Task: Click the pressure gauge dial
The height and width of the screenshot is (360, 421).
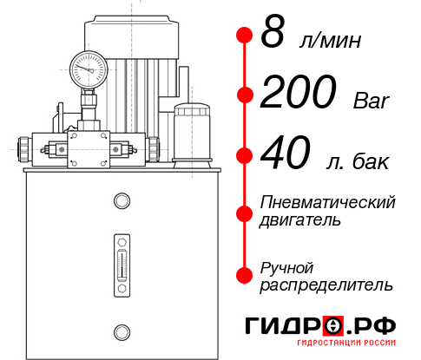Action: [89, 69]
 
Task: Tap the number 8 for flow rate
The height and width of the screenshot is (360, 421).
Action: [273, 32]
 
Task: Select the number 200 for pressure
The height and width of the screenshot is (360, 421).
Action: [299, 91]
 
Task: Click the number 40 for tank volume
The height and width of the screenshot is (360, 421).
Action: [286, 153]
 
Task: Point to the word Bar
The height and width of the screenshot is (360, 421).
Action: [372, 101]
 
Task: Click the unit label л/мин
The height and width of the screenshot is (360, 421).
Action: [330, 40]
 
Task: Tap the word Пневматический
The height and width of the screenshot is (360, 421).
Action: [327, 202]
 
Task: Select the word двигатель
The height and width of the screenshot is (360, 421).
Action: [300, 219]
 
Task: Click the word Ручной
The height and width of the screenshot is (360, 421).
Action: [286, 268]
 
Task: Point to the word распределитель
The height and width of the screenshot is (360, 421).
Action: [326, 285]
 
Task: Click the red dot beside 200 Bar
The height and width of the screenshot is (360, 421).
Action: [245, 95]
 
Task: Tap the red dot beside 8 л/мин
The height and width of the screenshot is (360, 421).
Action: [245, 36]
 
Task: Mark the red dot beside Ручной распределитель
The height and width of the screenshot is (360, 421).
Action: [245, 275]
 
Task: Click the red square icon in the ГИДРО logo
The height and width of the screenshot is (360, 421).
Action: [333, 326]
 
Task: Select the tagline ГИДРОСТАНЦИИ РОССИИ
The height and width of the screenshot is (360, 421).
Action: [346, 343]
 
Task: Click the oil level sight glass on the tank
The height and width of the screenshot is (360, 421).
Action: [122, 265]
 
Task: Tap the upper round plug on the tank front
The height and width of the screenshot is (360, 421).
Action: [122, 201]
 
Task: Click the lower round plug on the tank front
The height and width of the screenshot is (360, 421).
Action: [122, 332]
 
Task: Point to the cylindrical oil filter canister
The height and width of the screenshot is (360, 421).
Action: [192, 134]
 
